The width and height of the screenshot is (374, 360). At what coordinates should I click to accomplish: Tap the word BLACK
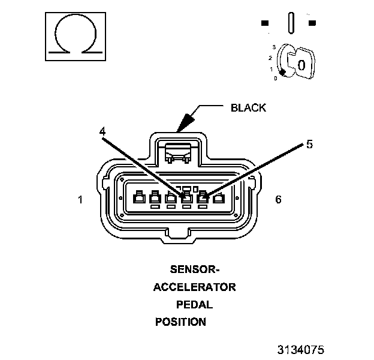[248, 108]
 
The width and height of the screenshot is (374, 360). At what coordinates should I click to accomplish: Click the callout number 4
[102, 130]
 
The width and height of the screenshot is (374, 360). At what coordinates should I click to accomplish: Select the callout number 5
[309, 144]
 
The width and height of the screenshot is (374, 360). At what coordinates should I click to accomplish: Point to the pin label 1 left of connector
[80, 199]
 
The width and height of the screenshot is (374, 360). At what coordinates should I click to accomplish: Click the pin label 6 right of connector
[278, 199]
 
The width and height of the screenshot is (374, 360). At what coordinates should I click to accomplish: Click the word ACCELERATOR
[194, 287]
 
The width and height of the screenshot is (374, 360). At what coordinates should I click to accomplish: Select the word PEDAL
[194, 304]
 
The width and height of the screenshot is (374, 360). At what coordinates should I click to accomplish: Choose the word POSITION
[181, 322]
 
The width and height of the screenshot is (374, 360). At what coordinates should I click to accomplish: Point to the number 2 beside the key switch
[271, 58]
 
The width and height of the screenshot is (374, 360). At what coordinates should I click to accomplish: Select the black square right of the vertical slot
[312, 23]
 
